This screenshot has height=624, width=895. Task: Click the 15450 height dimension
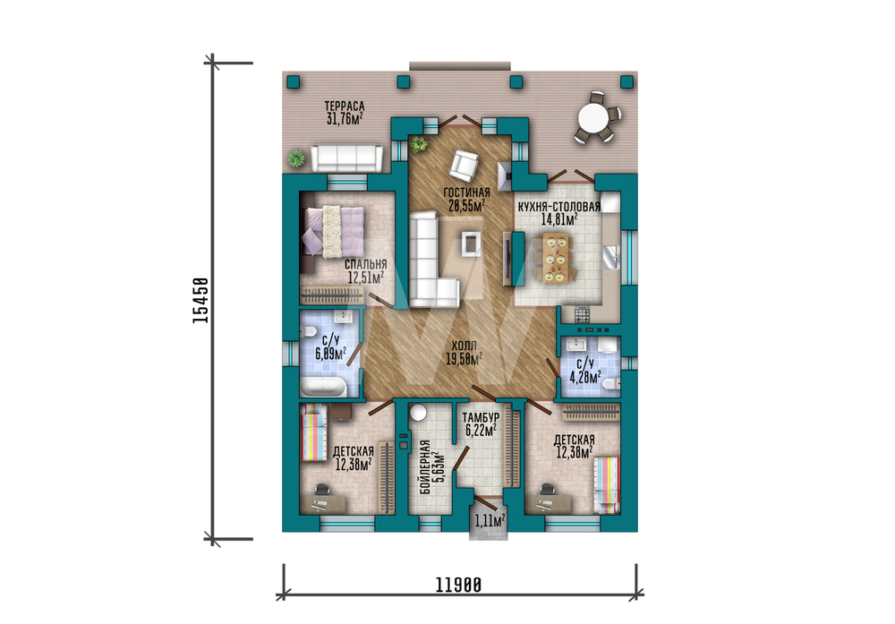(200, 300)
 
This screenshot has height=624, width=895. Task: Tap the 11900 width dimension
(459, 586)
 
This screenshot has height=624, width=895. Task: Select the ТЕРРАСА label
(345, 107)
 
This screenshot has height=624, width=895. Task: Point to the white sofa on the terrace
(347, 158)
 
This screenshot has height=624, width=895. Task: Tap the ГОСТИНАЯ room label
(466, 192)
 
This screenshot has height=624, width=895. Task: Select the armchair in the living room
(464, 165)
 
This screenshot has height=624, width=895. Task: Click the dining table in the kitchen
(555, 257)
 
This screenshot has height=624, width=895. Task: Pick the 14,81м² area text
(559, 218)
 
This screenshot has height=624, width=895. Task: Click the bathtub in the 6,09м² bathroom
(323, 387)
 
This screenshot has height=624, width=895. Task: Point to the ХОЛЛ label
(464, 346)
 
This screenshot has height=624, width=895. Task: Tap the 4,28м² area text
(585, 377)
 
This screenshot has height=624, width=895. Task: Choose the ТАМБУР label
(482, 418)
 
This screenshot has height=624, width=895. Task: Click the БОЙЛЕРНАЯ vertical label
(424, 467)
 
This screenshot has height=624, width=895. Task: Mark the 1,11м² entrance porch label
(490, 520)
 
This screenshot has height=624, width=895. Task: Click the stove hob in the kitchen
(582, 314)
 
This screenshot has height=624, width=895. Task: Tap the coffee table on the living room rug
(472, 244)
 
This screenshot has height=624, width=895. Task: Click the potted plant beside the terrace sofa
(296, 158)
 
